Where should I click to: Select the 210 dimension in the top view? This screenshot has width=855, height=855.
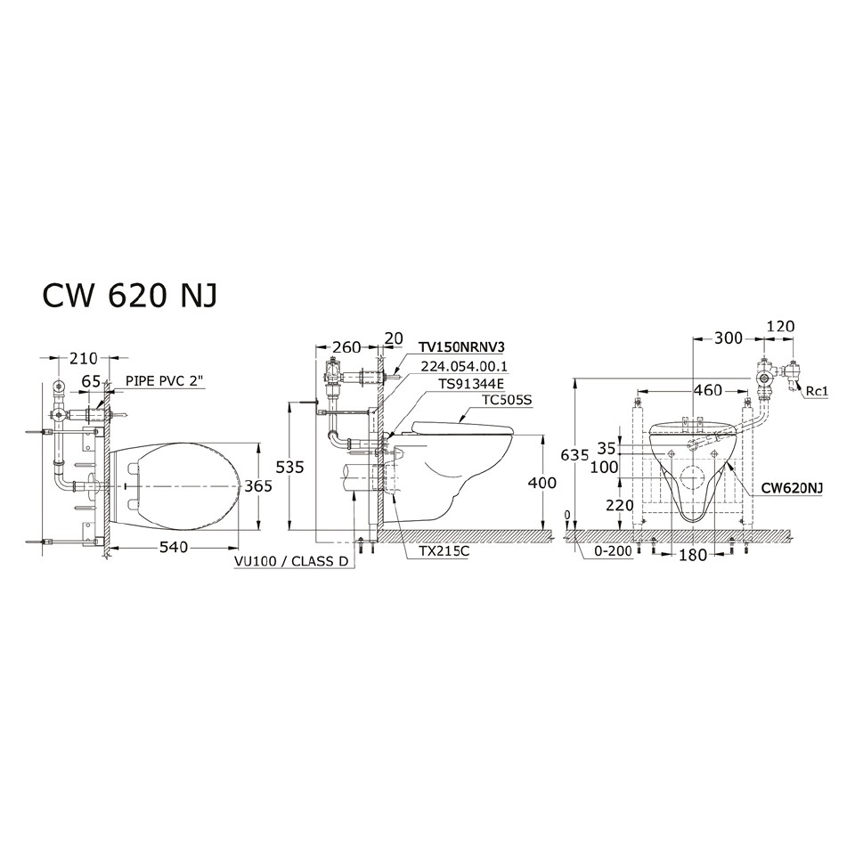click(x=83, y=359)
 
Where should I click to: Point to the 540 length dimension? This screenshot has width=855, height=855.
click(x=173, y=547)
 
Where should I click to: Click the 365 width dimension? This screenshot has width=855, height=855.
click(x=257, y=485)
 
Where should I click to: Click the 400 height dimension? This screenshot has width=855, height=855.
click(x=541, y=484)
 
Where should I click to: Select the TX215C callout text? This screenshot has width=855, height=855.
click(x=444, y=551)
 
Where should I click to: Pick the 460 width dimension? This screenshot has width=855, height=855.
click(x=708, y=389)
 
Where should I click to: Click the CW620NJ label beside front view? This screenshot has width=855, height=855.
click(x=791, y=488)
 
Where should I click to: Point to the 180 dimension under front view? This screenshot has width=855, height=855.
click(x=692, y=556)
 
